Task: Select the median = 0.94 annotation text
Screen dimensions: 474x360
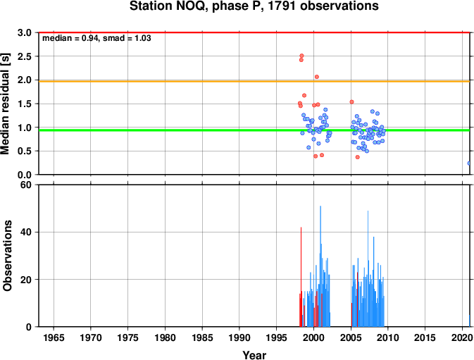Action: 71,38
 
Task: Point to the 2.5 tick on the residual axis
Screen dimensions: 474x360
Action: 25,56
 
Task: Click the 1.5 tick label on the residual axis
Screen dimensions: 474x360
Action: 25,104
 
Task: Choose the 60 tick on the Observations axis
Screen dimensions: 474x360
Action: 25,185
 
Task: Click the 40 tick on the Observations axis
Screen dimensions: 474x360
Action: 25,232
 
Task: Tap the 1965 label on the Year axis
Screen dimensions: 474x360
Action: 54,337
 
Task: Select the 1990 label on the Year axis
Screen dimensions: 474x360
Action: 239,337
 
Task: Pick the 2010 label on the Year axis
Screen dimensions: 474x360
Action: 388,337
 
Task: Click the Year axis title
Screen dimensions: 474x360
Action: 254,355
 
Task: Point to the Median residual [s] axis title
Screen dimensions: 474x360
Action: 6,104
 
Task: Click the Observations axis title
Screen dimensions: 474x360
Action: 7,256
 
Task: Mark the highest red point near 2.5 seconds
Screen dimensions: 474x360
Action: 301,56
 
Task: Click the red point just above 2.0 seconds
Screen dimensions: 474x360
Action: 316,77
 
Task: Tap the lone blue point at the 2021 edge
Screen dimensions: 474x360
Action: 469,163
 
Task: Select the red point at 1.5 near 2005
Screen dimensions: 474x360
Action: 351,102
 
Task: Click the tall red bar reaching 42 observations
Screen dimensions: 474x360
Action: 301,277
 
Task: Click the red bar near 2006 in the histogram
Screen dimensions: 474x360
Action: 357,299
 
